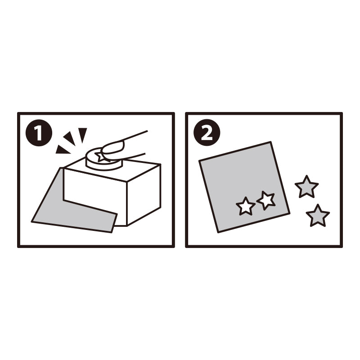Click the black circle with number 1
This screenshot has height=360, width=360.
point(39,133)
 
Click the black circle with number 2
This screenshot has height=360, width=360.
point(207,132)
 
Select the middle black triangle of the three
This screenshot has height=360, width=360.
point(70,138)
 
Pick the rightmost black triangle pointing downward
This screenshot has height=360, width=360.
point(82,134)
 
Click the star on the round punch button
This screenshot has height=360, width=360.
point(101,157)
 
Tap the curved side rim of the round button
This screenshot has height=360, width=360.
point(104,165)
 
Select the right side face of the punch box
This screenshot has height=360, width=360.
point(144,194)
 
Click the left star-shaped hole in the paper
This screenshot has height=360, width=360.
point(245,206)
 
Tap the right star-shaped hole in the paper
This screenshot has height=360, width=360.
point(266,200)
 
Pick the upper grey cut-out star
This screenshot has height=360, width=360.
point(306,187)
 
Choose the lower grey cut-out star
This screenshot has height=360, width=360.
point(318,216)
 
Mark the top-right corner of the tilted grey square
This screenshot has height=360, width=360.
point(271,142)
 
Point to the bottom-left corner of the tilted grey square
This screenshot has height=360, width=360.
point(218,232)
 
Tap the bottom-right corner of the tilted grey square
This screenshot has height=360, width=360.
point(289,213)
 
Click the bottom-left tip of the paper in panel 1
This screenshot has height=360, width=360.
point(32,221)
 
